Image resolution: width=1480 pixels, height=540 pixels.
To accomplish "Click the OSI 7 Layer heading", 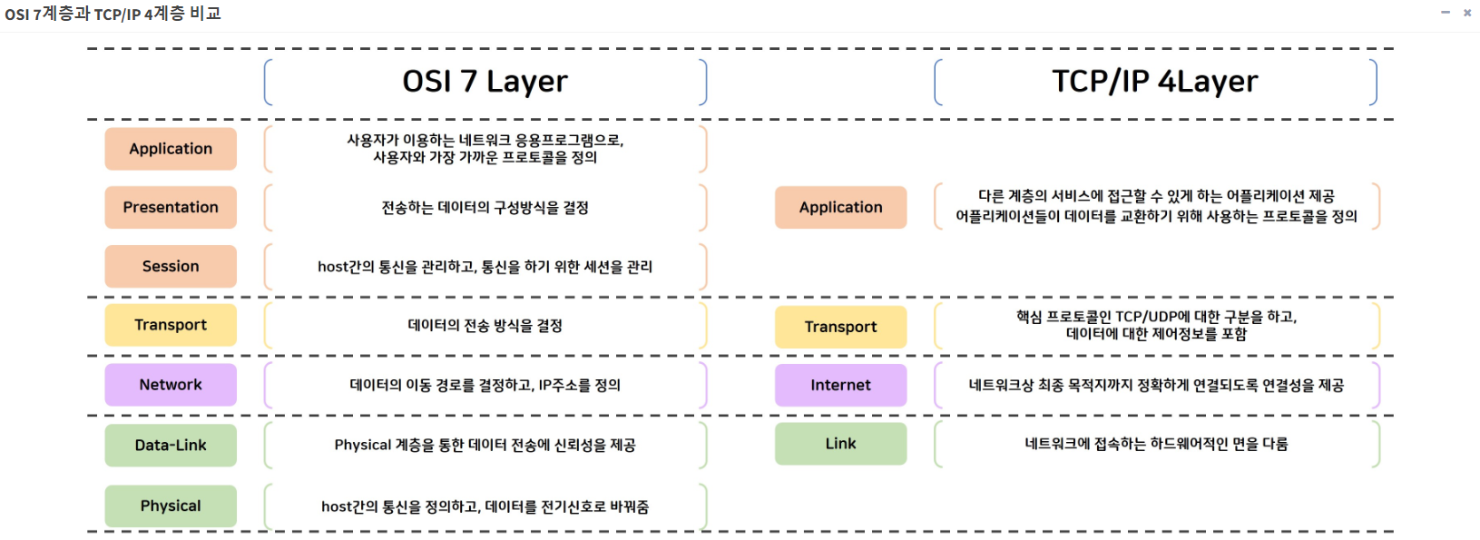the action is click(485, 82).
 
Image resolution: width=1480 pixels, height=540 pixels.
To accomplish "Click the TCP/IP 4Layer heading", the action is click(1154, 82).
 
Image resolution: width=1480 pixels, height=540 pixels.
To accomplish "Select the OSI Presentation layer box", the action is click(171, 207).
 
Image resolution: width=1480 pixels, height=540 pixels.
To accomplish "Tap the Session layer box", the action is click(171, 266).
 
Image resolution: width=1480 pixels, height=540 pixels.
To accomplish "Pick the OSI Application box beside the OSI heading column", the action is click(171, 149).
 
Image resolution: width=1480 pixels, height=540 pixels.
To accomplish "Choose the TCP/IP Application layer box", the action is click(840, 207).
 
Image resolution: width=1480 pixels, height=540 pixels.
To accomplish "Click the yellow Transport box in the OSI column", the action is click(171, 325).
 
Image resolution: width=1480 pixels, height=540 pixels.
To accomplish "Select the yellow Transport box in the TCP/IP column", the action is click(840, 327).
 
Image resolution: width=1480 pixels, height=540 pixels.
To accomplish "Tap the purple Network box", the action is click(171, 385).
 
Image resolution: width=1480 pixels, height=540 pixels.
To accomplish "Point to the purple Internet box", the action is click(840, 386).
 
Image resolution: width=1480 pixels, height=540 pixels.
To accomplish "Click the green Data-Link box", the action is click(171, 446).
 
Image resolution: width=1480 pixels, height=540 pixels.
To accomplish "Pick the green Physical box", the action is click(171, 506).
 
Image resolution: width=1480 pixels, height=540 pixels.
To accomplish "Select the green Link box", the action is click(840, 444).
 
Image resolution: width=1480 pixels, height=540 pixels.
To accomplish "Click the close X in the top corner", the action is click(1467, 13).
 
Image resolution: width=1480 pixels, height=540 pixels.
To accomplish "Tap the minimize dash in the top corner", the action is click(1446, 13).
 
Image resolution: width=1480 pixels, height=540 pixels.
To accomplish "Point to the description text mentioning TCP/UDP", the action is click(1156, 325).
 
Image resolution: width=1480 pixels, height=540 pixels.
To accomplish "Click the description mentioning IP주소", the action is click(485, 386).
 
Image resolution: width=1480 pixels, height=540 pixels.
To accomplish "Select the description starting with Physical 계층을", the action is click(485, 446).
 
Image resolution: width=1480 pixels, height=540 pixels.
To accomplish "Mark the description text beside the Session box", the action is click(485, 267).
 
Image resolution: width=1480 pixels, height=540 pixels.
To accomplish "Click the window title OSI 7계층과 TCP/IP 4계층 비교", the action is click(113, 14).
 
